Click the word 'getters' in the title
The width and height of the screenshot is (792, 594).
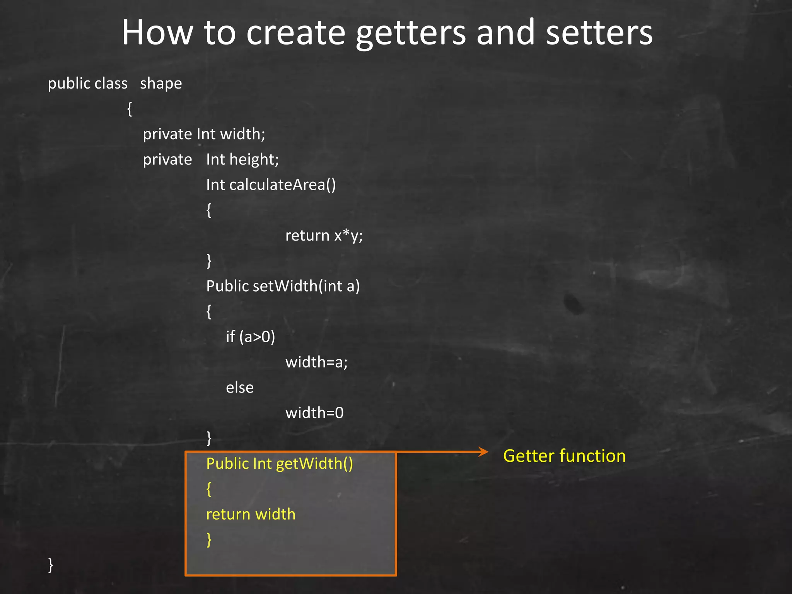[x=411, y=34]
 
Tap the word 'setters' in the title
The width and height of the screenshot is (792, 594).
[x=599, y=33]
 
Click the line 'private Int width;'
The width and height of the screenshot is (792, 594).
[x=204, y=134]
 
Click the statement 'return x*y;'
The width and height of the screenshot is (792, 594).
[x=324, y=236]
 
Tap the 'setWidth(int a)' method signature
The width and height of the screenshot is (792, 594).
[x=306, y=286]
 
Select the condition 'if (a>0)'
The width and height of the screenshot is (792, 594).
[x=250, y=337]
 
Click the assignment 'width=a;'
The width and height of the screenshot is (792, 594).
[x=316, y=362]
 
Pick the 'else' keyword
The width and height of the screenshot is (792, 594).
[x=240, y=387]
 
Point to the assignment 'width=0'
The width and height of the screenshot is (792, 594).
[x=314, y=413]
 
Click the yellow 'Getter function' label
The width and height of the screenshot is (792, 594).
[x=564, y=456]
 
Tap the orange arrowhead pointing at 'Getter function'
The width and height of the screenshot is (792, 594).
[x=483, y=452]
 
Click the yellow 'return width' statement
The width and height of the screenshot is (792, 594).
[x=251, y=514]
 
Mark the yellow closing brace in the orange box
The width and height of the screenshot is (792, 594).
[x=209, y=539]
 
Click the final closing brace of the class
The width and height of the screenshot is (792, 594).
[x=50, y=565]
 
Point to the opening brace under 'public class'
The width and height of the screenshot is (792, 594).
[x=130, y=109]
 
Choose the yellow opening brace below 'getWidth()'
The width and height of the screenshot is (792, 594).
[x=209, y=489]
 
